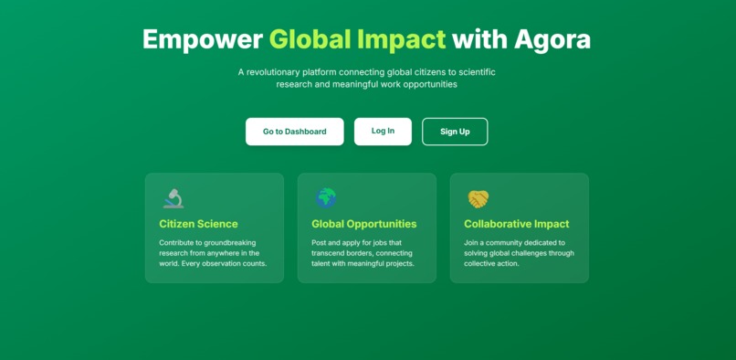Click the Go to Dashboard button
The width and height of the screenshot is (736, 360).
click(x=294, y=132)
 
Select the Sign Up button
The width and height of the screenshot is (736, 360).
click(x=455, y=132)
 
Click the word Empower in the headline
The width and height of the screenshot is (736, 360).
click(x=202, y=39)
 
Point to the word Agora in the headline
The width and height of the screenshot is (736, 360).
click(x=552, y=39)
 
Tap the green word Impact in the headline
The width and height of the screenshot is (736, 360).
click(x=401, y=39)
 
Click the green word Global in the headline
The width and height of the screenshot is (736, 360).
click(x=309, y=39)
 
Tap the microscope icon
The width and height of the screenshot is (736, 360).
click(x=173, y=198)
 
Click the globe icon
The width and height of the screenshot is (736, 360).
click(x=325, y=198)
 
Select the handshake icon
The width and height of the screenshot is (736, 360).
click(x=478, y=198)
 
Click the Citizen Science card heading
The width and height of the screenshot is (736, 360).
click(x=198, y=224)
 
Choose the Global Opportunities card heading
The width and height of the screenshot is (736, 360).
click(x=363, y=224)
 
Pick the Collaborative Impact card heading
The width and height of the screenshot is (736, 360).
click(x=516, y=224)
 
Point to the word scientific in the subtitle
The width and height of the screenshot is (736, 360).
click(x=473, y=71)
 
